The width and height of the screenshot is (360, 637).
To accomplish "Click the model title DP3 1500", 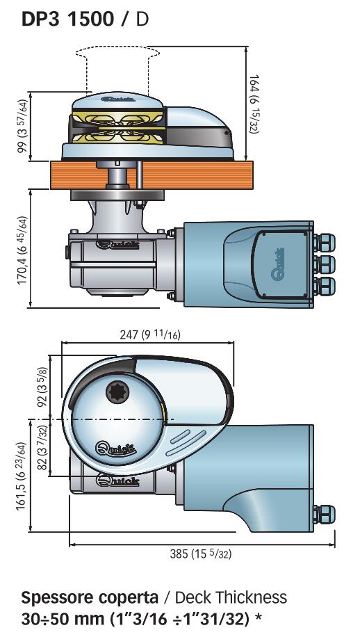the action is (x=68, y=19).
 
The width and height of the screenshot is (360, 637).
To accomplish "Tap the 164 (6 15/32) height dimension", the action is (x=254, y=104).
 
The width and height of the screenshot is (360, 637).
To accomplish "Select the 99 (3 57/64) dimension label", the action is (x=23, y=126).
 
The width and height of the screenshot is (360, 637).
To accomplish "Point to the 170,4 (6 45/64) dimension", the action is (x=23, y=250).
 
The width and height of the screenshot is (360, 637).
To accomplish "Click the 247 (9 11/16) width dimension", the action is (x=150, y=334).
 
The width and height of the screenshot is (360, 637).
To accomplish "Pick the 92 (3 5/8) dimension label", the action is (x=42, y=387).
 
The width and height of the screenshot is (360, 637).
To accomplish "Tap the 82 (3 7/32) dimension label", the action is (x=42, y=447).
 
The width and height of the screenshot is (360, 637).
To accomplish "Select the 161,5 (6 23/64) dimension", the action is (x=23, y=476).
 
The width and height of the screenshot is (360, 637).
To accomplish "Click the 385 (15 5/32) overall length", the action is (x=200, y=554).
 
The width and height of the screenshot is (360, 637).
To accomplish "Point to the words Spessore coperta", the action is (x=90, y=598).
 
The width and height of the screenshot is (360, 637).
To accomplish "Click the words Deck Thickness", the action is (x=231, y=597).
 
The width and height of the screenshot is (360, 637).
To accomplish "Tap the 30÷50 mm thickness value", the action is (x=63, y=619).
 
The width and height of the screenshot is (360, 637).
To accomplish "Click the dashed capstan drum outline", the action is (x=117, y=53).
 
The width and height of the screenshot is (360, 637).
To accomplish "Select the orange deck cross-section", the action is (x=152, y=175).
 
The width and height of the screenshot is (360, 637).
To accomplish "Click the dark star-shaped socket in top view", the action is (x=117, y=393).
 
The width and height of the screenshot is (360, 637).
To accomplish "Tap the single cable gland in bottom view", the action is (x=325, y=515).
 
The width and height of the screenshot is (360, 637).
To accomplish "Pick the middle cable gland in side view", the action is (x=325, y=264).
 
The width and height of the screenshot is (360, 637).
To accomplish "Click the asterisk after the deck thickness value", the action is (x=257, y=617).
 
